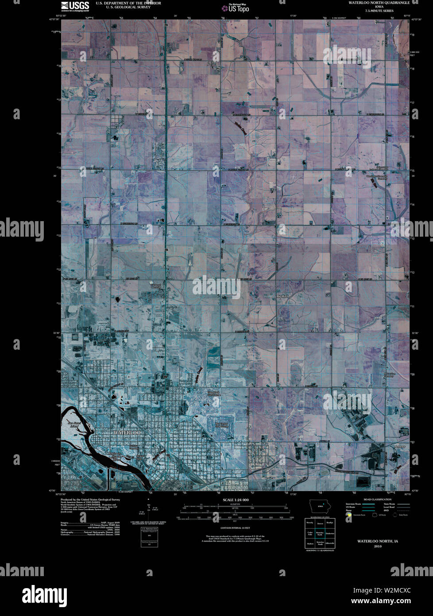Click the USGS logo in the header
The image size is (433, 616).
(x=75, y=6)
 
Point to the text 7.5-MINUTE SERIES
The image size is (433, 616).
(x=375, y=11)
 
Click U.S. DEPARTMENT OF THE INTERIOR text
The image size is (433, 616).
(x=122, y=3)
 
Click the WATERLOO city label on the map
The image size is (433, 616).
(x=127, y=432)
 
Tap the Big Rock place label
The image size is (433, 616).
(x=282, y=296)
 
